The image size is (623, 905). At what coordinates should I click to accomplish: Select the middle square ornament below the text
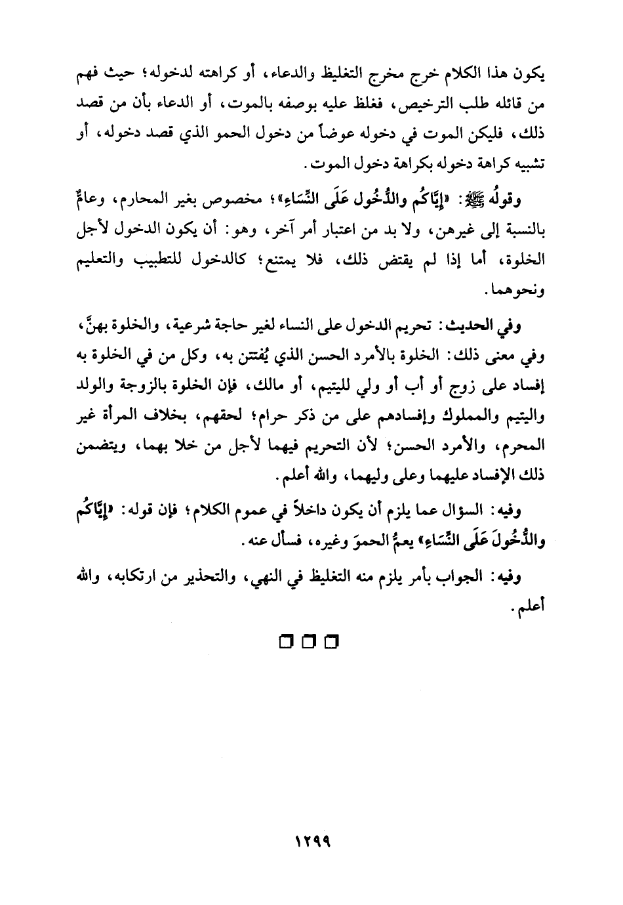(310, 641)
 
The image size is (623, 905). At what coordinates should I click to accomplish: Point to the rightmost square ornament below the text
(333, 641)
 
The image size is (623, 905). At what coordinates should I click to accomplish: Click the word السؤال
(464, 510)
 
